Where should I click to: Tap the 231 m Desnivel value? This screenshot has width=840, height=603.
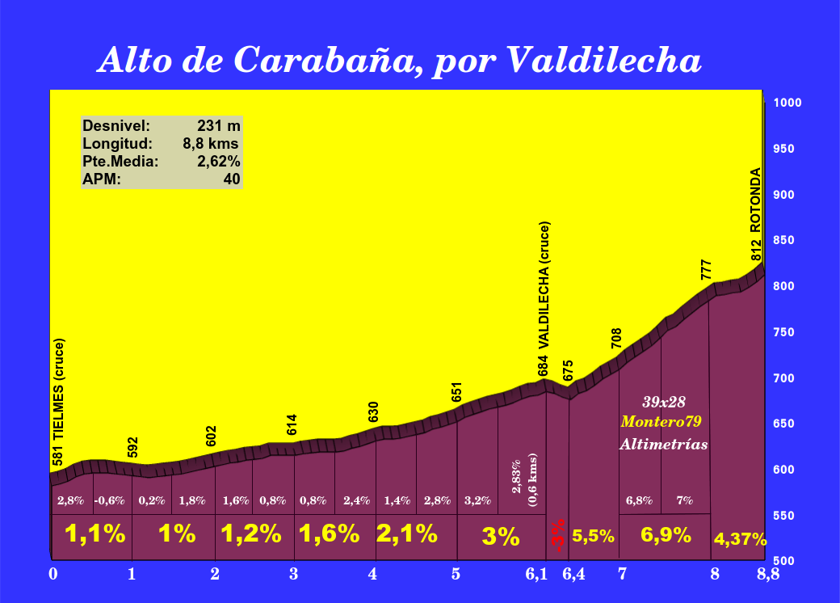point(219,126)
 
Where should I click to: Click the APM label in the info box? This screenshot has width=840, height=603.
point(102,179)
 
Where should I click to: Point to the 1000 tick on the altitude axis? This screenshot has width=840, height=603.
point(787,103)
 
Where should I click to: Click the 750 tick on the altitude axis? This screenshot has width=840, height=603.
point(785,332)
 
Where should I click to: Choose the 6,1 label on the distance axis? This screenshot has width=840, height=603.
point(536,575)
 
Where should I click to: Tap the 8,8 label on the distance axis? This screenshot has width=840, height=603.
point(767,575)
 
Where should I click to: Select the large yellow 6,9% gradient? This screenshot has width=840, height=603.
point(665,535)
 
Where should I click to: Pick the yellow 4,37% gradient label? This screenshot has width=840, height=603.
point(739,539)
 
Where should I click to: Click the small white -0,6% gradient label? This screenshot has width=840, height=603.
point(109,500)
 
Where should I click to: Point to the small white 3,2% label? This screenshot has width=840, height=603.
point(477,500)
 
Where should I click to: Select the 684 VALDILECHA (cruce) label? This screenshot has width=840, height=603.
point(544,297)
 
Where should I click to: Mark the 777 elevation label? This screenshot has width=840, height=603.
point(707,270)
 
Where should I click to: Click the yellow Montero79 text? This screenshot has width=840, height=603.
point(661,422)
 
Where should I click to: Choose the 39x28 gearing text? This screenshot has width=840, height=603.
point(664,402)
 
